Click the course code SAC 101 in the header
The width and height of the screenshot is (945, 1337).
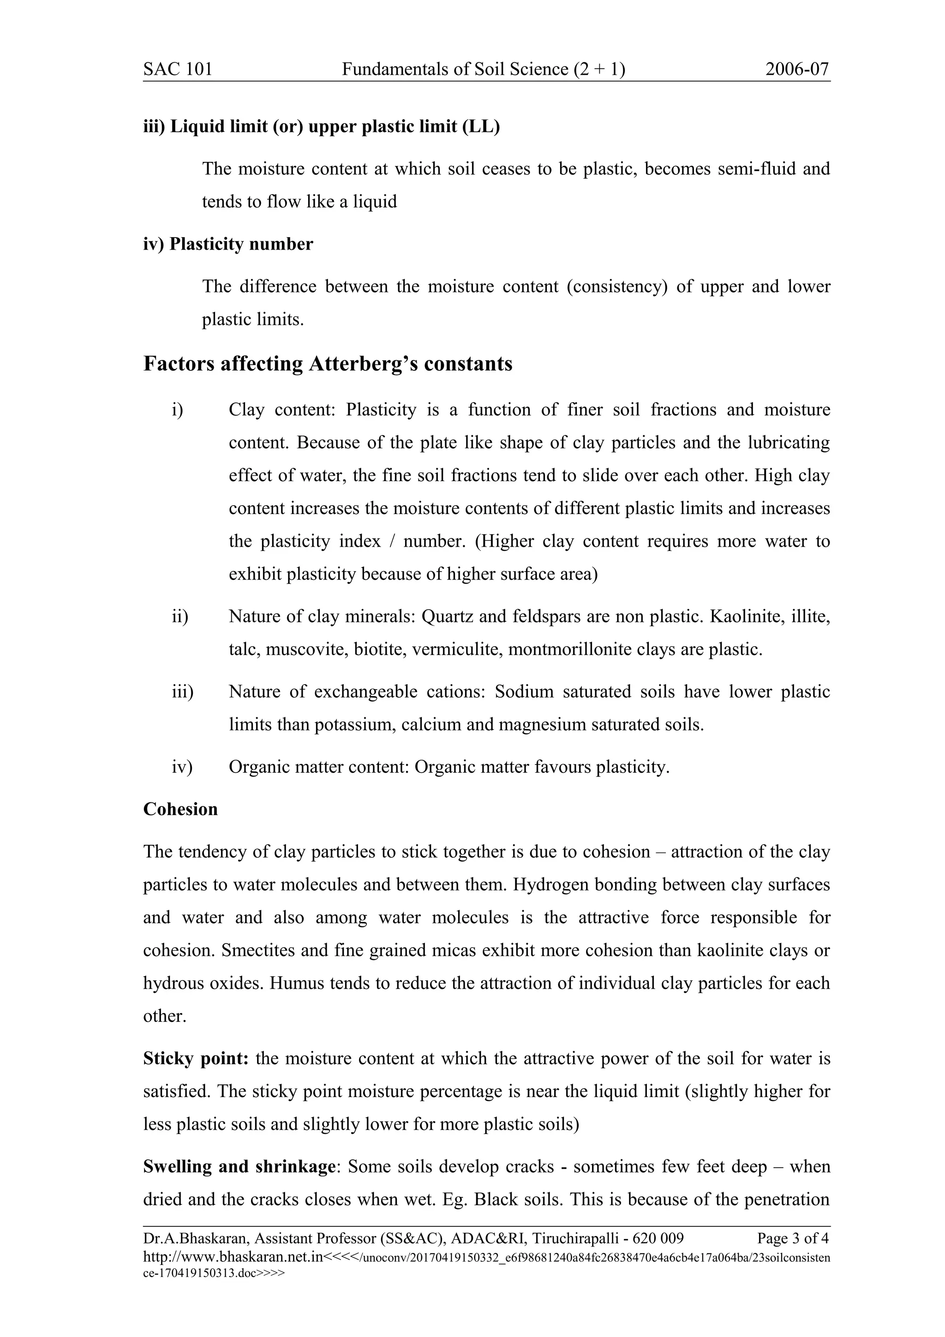pos(178,69)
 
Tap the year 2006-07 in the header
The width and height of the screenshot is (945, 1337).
pos(796,69)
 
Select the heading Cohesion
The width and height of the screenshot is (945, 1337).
pos(180,809)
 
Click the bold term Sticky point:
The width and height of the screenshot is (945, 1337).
pos(196,1058)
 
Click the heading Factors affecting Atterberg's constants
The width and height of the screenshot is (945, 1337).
pos(328,364)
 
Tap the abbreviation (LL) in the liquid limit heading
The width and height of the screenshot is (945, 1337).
pos(481,126)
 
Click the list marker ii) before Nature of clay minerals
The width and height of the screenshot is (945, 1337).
pos(180,616)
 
